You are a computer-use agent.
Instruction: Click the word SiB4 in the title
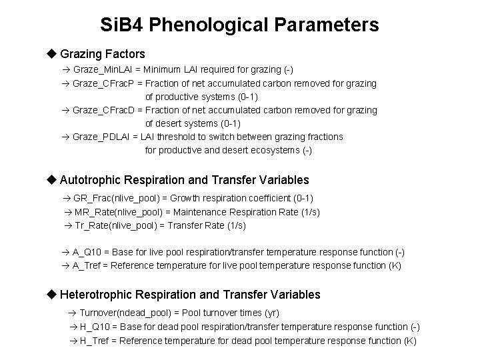[122, 25]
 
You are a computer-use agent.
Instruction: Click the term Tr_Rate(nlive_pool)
[115, 225]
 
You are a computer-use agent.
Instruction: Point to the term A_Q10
[89, 252]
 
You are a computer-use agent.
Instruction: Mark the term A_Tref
[89, 265]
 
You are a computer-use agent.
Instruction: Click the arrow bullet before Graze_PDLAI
[65, 137]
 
